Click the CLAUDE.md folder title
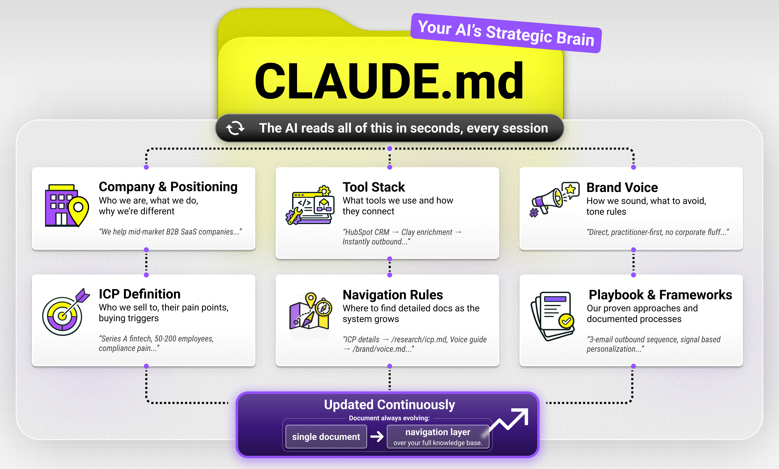click(x=389, y=81)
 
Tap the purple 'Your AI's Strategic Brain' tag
click(x=506, y=33)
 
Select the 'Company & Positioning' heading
click(x=168, y=187)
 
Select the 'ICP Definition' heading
click(x=139, y=294)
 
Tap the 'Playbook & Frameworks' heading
click(x=660, y=295)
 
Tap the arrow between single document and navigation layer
click(x=377, y=437)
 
